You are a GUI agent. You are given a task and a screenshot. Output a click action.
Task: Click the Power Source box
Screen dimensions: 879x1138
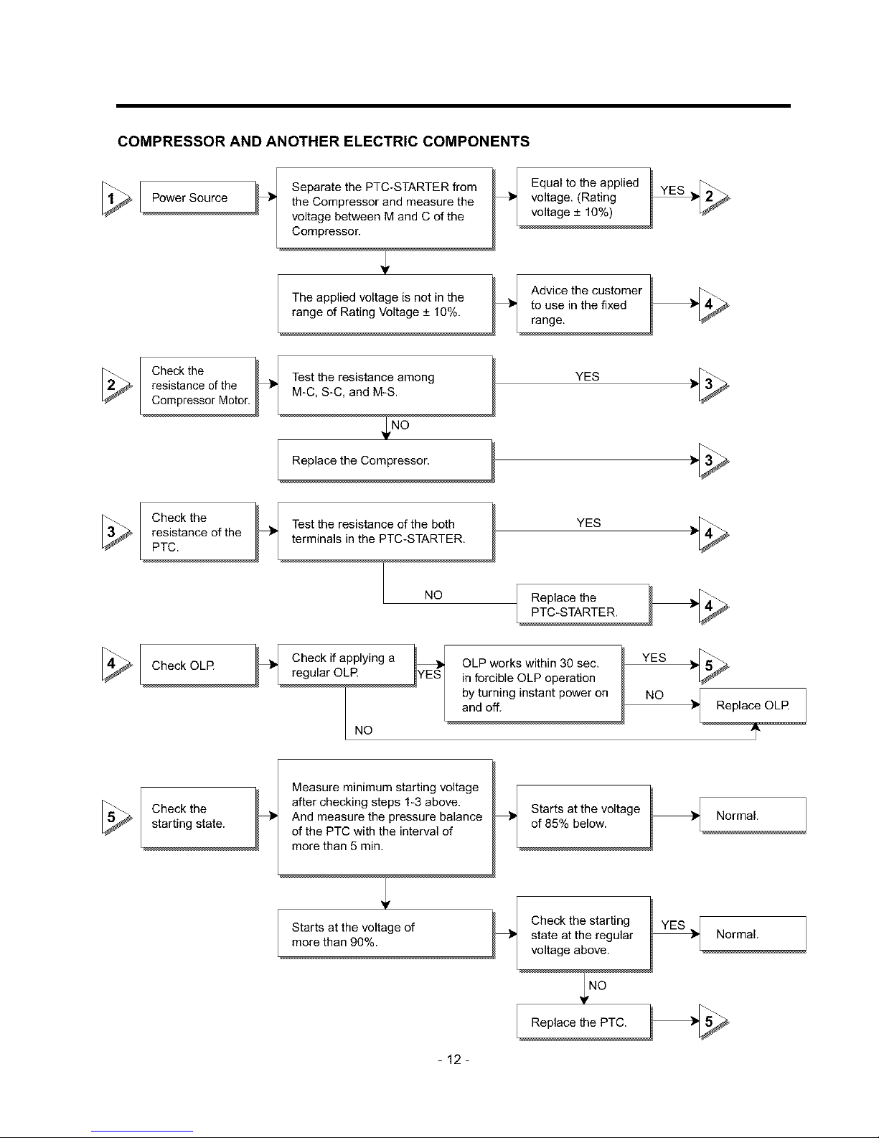click(199, 197)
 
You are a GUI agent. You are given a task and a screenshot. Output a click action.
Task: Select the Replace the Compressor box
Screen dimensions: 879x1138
click(385, 460)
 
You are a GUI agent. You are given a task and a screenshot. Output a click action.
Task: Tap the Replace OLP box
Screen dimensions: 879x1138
click(753, 706)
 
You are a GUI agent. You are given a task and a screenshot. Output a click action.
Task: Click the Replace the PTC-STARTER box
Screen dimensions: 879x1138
click(584, 605)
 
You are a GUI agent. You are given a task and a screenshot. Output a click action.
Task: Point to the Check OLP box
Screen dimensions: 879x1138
click(199, 665)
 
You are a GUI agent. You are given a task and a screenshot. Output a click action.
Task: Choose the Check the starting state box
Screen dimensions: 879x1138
click(199, 818)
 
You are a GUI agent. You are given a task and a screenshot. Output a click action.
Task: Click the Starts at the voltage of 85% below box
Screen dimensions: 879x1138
click(584, 816)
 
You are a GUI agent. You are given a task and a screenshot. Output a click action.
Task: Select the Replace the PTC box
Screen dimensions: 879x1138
click(584, 1022)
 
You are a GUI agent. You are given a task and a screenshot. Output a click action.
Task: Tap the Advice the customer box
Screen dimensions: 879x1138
click(584, 304)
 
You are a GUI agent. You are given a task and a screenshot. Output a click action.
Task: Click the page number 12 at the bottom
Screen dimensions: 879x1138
click(453, 1060)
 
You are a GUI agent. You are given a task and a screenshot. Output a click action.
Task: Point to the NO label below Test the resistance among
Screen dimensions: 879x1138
click(400, 425)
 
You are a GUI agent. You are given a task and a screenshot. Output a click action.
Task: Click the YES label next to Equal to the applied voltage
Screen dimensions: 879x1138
click(672, 190)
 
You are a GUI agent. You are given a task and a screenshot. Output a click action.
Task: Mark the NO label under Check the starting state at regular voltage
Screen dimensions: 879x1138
click(597, 985)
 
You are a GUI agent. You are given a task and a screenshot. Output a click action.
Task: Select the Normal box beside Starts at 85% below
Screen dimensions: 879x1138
click(753, 816)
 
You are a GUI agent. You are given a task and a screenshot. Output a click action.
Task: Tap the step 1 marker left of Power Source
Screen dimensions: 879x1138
click(115, 198)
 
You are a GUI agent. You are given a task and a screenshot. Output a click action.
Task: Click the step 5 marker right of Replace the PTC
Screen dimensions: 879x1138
click(713, 1021)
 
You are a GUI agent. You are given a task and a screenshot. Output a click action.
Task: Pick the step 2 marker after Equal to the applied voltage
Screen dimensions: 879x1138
click(713, 197)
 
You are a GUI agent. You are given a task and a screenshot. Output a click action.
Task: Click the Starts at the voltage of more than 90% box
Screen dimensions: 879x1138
click(385, 934)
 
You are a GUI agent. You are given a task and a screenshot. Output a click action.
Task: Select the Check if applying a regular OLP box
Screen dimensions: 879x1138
click(347, 665)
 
